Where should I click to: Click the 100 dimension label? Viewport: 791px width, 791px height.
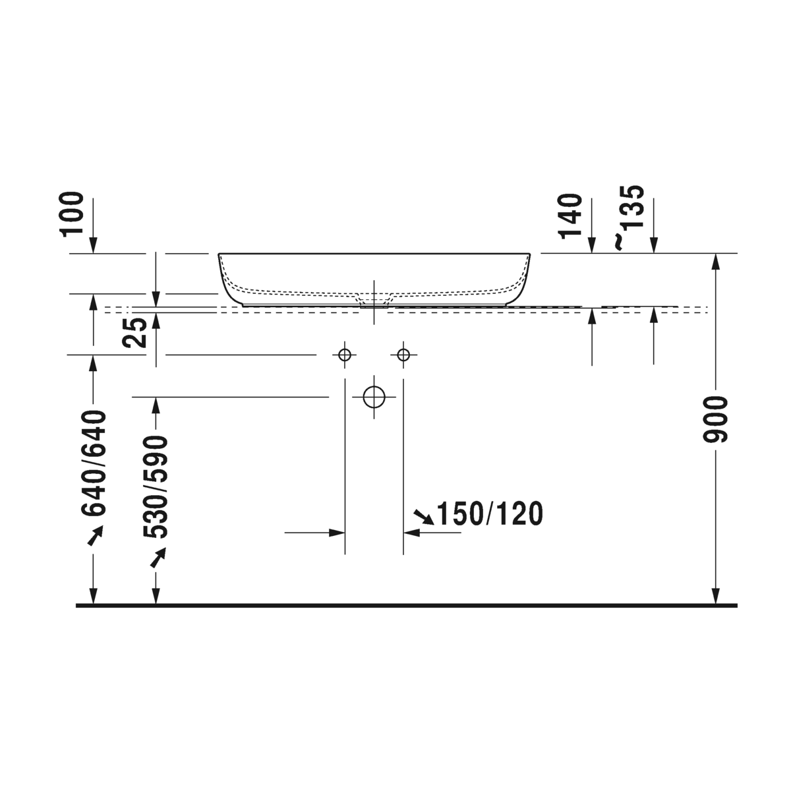73,214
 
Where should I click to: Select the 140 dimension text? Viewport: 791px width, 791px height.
571,216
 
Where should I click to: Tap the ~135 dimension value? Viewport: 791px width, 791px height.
628,218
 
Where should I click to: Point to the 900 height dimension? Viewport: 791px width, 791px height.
716,419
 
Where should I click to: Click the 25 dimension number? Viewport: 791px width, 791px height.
134,332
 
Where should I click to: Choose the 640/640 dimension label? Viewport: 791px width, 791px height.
94,463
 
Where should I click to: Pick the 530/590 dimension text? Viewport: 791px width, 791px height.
156,487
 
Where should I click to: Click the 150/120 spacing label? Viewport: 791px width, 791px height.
490,514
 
